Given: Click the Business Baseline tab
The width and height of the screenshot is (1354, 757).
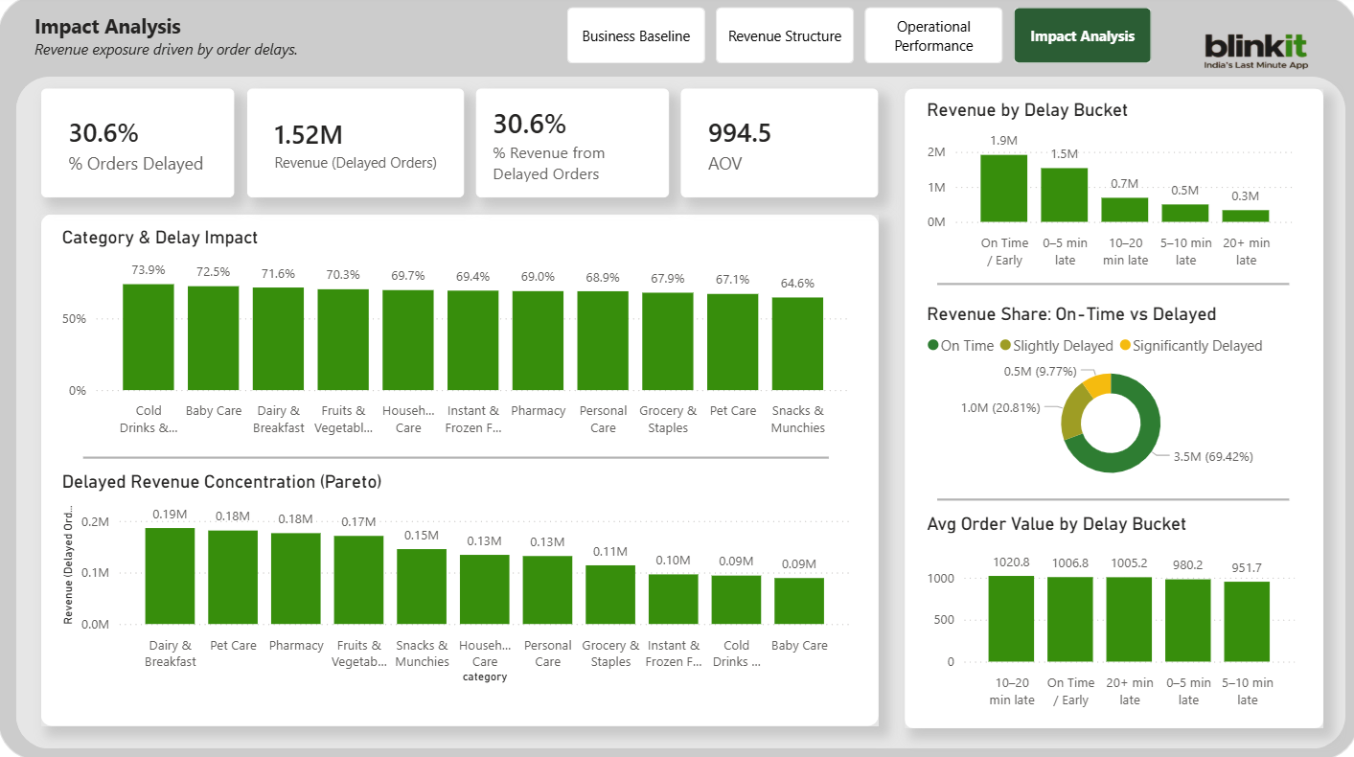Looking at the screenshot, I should pos(636,36).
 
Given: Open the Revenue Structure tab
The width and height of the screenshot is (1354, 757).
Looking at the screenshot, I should pos(785,36).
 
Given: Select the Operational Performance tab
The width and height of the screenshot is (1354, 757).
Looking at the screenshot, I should pos(933,36).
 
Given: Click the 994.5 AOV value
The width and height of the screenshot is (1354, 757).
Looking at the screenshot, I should pos(740,132).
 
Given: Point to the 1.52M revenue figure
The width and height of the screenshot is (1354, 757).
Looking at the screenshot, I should pos(308,135).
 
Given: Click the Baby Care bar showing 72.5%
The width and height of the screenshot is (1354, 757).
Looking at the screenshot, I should pos(214,338).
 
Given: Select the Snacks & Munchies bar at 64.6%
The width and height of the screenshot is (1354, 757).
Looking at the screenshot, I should pos(797,344).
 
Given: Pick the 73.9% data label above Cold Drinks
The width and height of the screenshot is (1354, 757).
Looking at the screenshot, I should pos(149,271).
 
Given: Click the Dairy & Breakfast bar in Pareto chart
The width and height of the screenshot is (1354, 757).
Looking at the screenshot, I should pos(170,576).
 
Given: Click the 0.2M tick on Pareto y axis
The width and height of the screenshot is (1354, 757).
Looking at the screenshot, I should pos(96,522).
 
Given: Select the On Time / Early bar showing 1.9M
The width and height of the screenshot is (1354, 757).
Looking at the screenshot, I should pos(1003,189).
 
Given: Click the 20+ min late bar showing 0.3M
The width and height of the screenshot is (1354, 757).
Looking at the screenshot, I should pos(1246,216).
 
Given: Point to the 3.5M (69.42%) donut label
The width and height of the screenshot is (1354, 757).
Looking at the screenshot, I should pos(1213,456).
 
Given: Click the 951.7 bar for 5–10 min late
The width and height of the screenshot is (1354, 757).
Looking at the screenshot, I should pos(1247,621).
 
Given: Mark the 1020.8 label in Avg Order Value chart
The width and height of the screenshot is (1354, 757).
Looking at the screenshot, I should pos(1012,562).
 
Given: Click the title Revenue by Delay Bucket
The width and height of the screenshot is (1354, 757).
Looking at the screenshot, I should pos(1027,110).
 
